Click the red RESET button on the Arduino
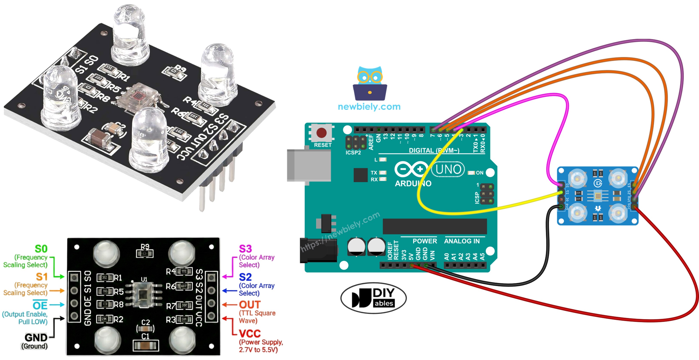pyautogui.click(x=321, y=133)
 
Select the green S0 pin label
pyautogui.click(x=41, y=249)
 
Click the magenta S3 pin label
pyautogui.click(x=245, y=249)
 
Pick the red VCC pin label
pyautogui.click(x=250, y=333)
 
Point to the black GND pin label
pyautogui.click(x=36, y=338)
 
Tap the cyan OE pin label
pyautogui.click(x=40, y=305)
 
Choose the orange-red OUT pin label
pyautogui.click(x=250, y=305)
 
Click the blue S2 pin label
pyautogui.click(x=245, y=277)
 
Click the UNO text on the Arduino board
pyautogui.click(x=448, y=169)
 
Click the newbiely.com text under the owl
pyautogui.click(x=369, y=107)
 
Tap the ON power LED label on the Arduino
pyautogui.click(x=480, y=173)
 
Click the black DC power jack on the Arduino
pyautogui.click(x=317, y=250)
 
